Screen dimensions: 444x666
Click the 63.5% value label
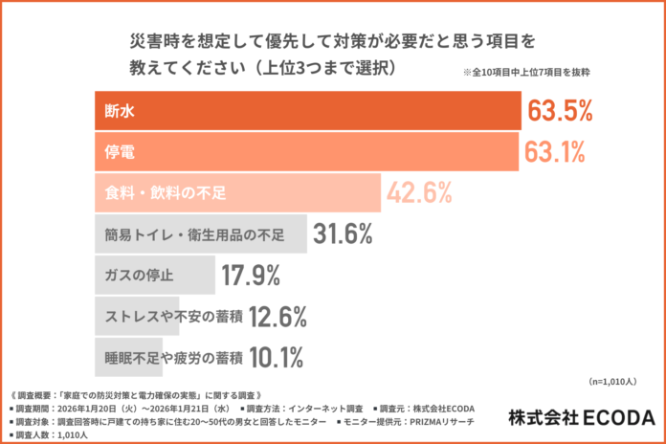coord(560,112)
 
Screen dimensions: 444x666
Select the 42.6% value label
coord(419,193)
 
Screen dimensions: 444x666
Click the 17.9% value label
coord(251,276)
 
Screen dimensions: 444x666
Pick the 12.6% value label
coord(277,317)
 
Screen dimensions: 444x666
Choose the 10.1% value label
coord(277,358)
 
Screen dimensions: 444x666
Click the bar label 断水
coord(120,112)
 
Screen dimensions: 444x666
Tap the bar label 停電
coord(120,152)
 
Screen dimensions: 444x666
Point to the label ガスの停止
coord(139,276)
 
